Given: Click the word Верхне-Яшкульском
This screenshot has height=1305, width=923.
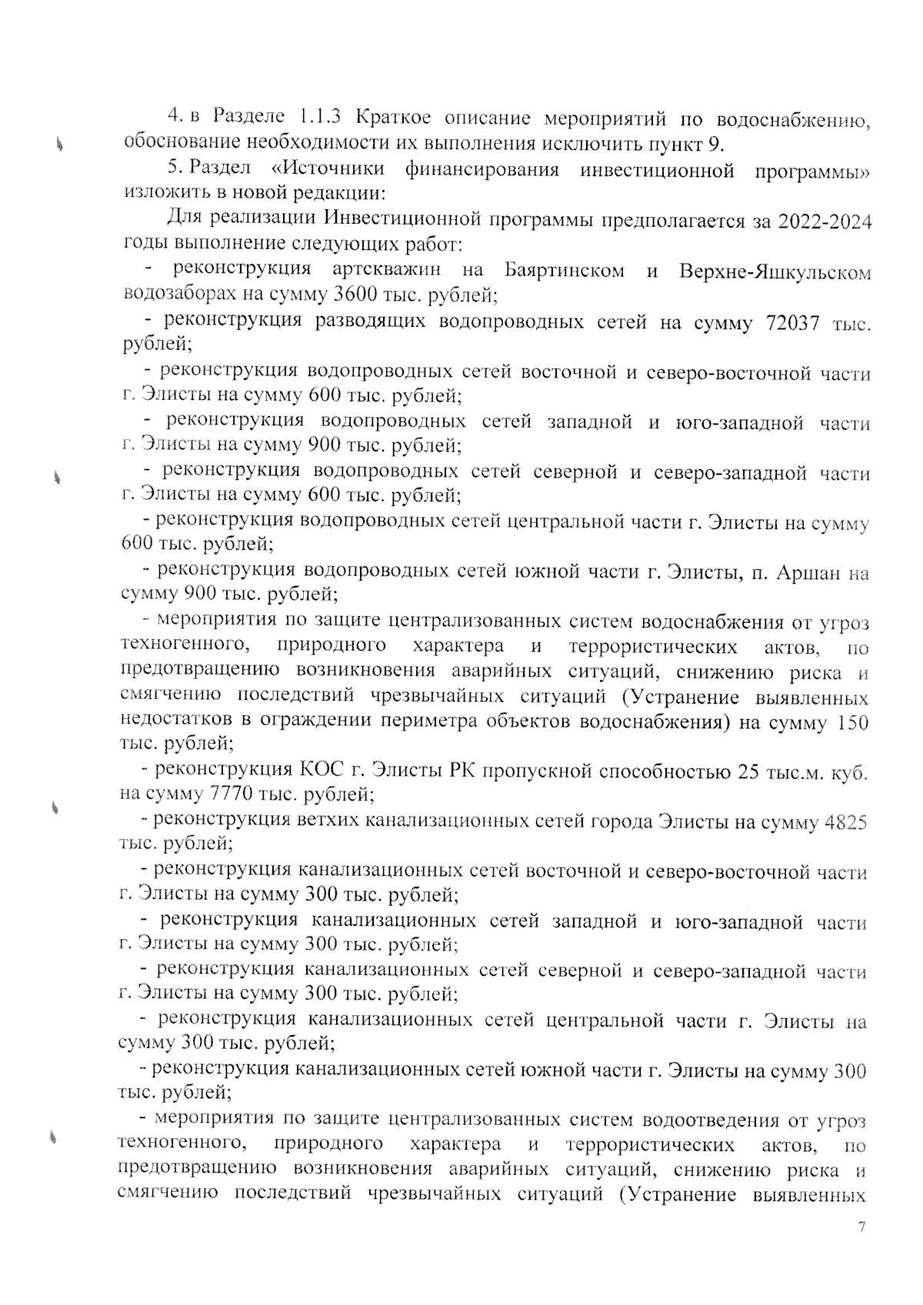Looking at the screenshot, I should [x=775, y=271].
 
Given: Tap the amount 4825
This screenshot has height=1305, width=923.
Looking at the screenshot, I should [x=845, y=822].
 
